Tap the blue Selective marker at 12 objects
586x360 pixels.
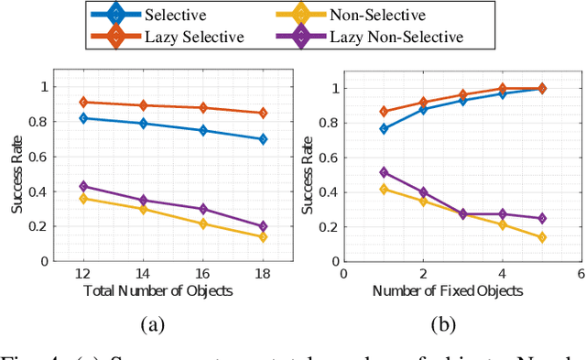click(x=84, y=118)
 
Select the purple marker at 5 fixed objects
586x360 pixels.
click(x=542, y=218)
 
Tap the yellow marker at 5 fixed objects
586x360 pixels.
click(x=542, y=237)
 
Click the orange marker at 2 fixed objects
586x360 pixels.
click(x=423, y=103)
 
